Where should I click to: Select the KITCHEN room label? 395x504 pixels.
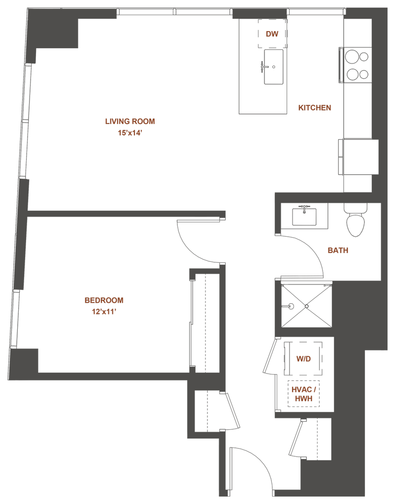pyautogui.click(x=314, y=108)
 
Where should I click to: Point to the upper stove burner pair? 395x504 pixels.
pyautogui.click(x=357, y=56)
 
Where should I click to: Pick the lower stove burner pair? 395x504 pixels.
pyautogui.click(x=357, y=75)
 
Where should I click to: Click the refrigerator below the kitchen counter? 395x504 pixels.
pyautogui.click(x=358, y=157)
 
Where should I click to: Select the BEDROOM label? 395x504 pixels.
pyautogui.click(x=103, y=300)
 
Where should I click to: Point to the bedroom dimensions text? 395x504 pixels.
pyautogui.click(x=103, y=311)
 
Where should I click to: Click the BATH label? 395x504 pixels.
pyautogui.click(x=338, y=250)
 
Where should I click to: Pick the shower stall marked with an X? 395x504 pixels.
pyautogui.click(x=305, y=306)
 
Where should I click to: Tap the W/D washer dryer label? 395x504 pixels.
pyautogui.click(x=302, y=359)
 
